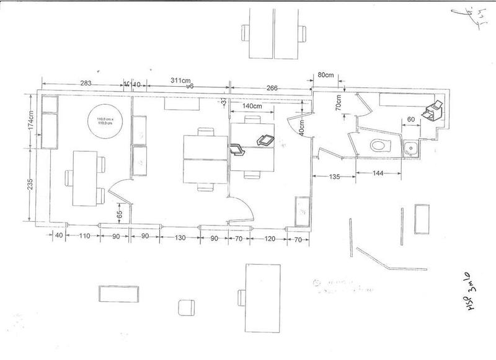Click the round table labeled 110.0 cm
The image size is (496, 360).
109,121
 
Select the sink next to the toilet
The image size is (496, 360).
411,148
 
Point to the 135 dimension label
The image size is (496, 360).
334,177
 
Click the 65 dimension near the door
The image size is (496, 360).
120,211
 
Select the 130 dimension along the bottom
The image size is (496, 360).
180,237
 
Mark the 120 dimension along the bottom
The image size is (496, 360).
269,237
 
